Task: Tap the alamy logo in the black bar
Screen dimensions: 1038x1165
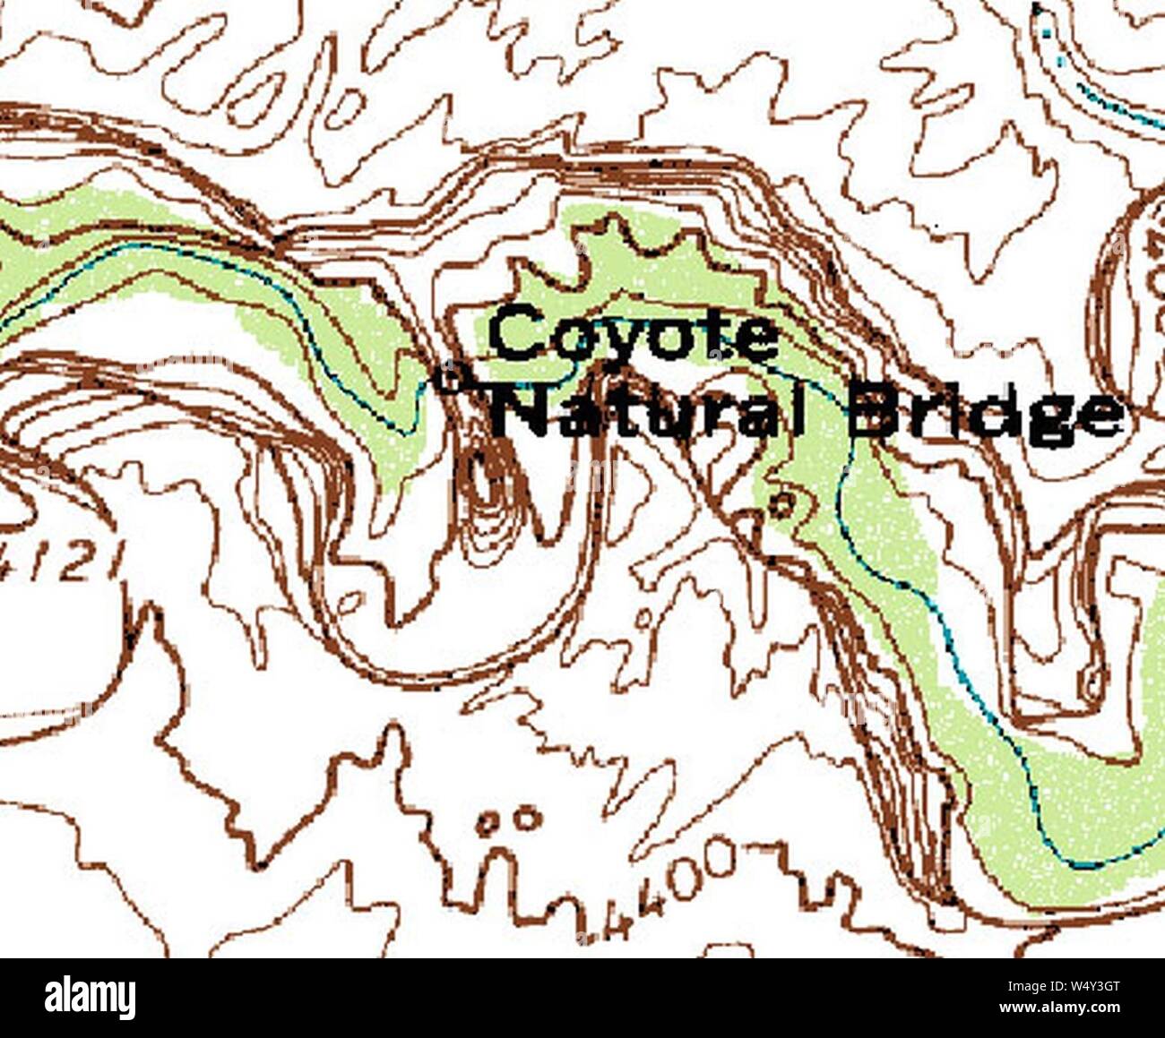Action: tap(90, 997)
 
